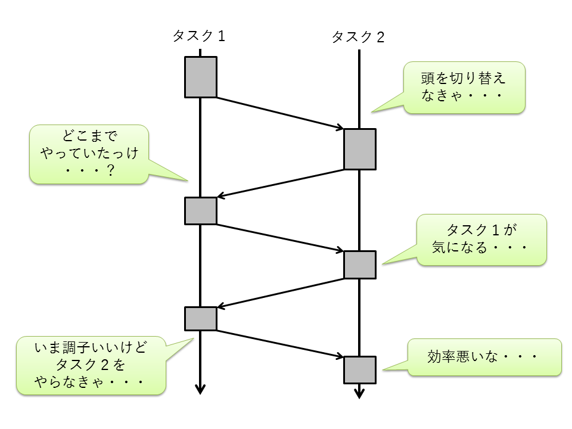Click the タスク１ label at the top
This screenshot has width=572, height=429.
click(x=198, y=36)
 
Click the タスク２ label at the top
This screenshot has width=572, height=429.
click(x=358, y=38)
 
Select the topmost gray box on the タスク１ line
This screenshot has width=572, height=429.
click(x=200, y=77)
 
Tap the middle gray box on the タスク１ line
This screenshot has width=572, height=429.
click(x=200, y=210)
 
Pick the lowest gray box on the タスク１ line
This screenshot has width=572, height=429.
click(x=200, y=319)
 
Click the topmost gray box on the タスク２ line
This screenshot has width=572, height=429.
click(x=360, y=149)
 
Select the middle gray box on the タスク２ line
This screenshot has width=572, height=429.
click(x=360, y=265)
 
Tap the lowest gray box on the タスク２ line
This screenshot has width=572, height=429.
click(x=360, y=369)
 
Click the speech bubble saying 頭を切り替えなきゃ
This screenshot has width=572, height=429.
click(x=464, y=88)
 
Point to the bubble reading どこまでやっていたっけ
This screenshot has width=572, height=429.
click(x=89, y=154)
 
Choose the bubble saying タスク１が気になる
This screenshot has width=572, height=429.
click(x=481, y=240)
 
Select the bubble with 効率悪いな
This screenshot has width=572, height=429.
click(x=484, y=357)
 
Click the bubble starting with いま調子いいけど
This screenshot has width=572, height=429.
click(x=91, y=366)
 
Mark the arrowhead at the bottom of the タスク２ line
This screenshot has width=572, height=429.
click(x=359, y=393)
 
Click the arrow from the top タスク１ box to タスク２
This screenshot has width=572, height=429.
click(x=280, y=113)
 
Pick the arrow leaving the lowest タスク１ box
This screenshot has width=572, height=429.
click(x=280, y=343)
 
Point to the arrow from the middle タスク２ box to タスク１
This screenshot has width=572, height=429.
click(x=280, y=292)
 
